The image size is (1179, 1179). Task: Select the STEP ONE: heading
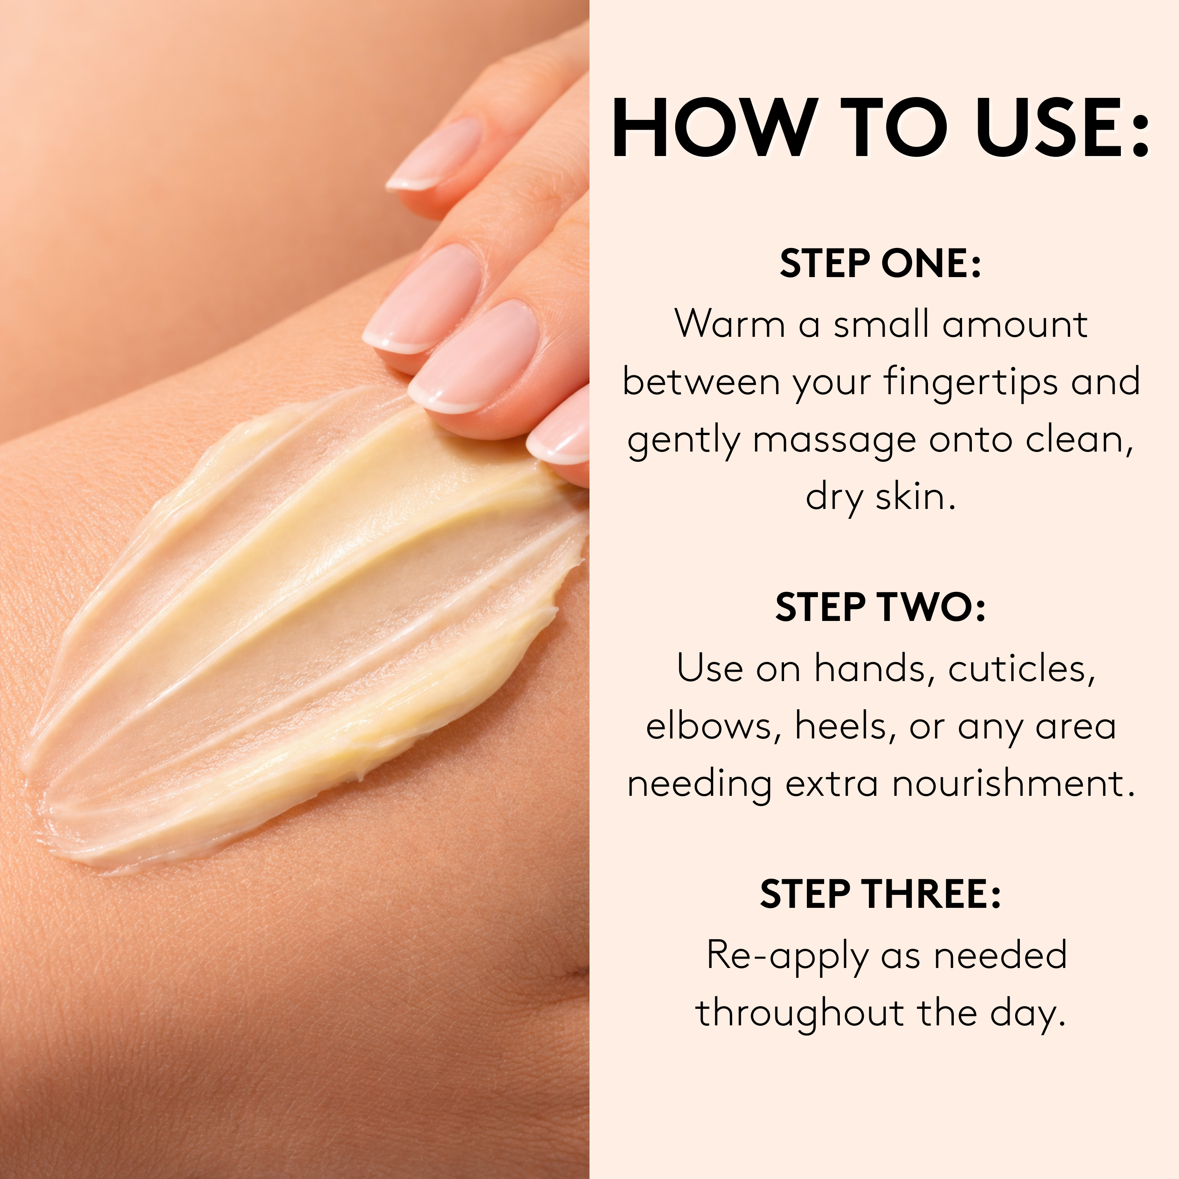pyautogui.click(x=880, y=264)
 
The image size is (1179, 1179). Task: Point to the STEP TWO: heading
pyautogui.click(x=880, y=608)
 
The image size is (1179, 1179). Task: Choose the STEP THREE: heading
pyautogui.click(x=880, y=894)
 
